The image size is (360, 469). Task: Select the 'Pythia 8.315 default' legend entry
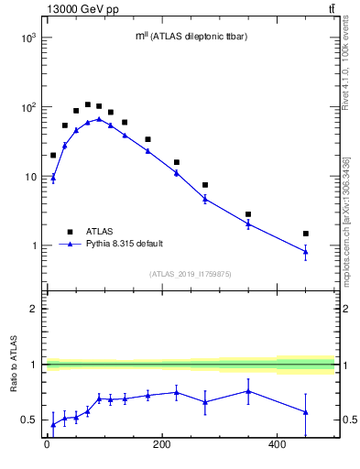[x=127, y=245]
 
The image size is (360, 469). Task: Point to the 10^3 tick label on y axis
[x=27, y=38]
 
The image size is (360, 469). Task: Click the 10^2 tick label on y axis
[x=27, y=107]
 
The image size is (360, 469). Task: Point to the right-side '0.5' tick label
[x=348, y=420]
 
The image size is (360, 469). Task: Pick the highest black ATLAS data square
[x=88, y=104]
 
